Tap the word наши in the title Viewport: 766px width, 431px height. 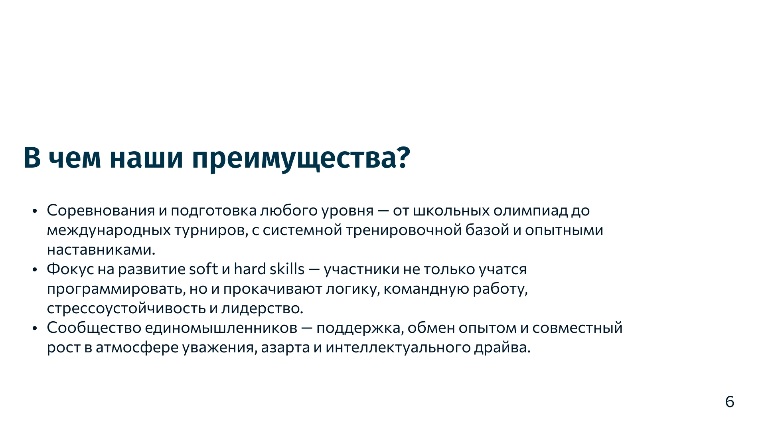click(x=146, y=158)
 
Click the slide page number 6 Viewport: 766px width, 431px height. click(x=729, y=402)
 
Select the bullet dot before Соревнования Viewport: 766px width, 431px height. click(x=35, y=211)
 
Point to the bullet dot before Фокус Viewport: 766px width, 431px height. click(x=35, y=270)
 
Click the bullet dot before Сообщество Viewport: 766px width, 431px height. click(x=35, y=328)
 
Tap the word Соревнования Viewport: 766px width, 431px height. click(x=101, y=211)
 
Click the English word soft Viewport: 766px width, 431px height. click(x=203, y=269)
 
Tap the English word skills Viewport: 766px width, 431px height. click(x=287, y=269)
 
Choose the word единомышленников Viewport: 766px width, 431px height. click(x=221, y=328)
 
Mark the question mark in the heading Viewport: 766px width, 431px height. click(x=404, y=158)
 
